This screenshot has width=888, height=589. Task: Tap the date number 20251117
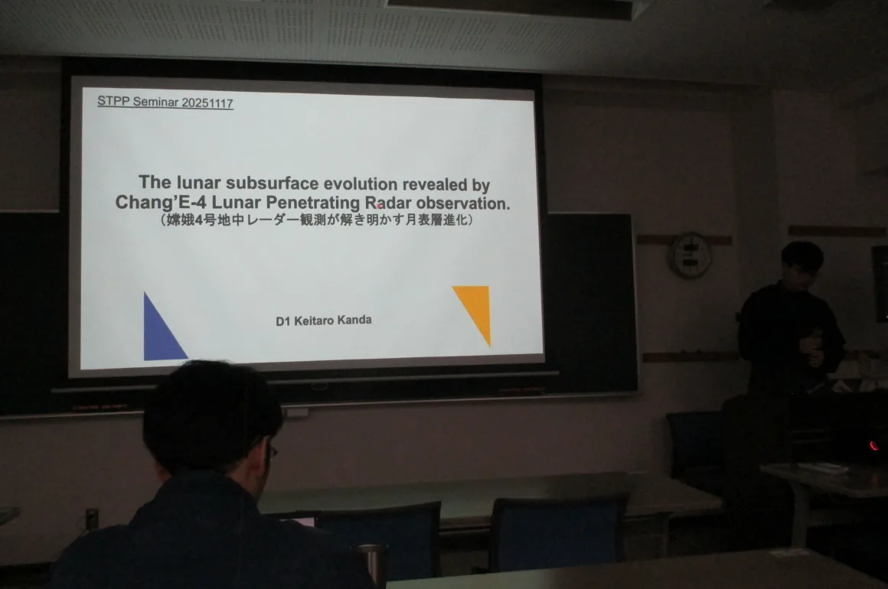tap(207, 103)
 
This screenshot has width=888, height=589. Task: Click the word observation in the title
tap(462, 203)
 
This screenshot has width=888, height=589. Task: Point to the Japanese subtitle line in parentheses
tap(316, 220)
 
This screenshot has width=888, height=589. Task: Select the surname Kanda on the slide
tap(354, 321)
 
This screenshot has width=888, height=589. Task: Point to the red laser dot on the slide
tap(380, 206)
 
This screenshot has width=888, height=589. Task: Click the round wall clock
tap(690, 255)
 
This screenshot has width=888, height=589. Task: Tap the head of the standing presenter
tap(801, 264)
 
